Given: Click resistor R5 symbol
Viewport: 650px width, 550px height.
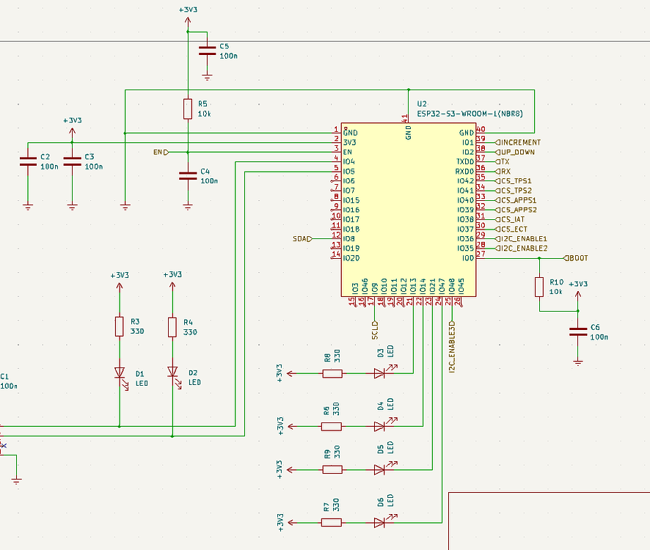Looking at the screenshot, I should [188, 109].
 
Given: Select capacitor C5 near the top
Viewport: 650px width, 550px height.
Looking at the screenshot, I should [207, 51].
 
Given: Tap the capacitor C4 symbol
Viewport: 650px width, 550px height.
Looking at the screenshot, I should [188, 175].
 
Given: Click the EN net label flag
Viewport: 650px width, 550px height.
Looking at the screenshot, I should [161, 152].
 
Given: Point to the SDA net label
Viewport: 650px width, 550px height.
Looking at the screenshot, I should [302, 238].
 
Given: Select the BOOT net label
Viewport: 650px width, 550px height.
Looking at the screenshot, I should [577, 258].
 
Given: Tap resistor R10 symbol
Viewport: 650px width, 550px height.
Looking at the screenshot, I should [539, 287].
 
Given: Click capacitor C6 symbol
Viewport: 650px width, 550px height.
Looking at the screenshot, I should [578, 331].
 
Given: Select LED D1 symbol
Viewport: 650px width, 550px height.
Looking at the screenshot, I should [120, 373].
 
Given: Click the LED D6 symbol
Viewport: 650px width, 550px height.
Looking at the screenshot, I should [380, 522].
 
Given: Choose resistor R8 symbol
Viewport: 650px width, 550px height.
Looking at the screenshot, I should [332, 373].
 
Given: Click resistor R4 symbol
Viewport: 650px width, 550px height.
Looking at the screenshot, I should [172, 326].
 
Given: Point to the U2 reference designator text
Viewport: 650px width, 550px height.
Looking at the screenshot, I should [422, 105].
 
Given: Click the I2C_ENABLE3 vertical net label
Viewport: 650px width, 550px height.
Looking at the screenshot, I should [453, 344].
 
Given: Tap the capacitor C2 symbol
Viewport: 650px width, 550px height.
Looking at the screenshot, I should [28, 162].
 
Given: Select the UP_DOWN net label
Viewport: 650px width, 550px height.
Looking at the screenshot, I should [518, 152].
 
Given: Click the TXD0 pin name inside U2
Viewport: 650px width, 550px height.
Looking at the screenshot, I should [464, 161].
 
